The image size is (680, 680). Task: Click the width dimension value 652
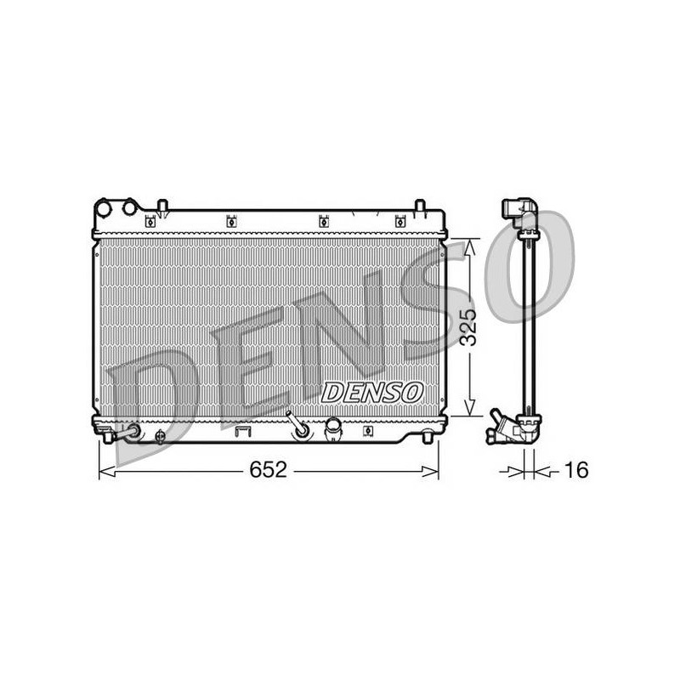click(268, 469)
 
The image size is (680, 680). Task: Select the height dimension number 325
click(468, 327)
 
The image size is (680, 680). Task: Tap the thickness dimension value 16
click(576, 469)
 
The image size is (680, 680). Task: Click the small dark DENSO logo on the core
click(372, 393)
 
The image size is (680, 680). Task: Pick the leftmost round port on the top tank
click(104, 208)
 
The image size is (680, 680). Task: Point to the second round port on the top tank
click(129, 207)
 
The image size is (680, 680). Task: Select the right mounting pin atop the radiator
click(419, 206)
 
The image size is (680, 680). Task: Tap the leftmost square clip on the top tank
click(150, 222)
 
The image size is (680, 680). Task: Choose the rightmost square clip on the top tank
click(399, 222)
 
